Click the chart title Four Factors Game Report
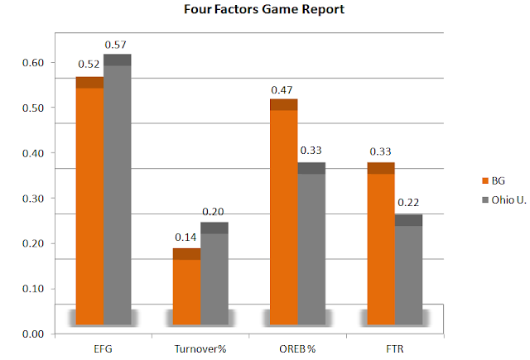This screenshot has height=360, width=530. (264, 9)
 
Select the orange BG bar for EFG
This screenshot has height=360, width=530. (89, 200)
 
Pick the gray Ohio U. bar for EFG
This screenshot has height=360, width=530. (118, 190)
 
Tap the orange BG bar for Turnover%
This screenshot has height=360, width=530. (186, 286)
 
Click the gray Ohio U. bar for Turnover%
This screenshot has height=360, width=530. (214, 273)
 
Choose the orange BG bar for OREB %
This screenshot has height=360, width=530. (283, 212)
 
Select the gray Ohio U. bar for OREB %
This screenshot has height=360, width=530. (311, 243)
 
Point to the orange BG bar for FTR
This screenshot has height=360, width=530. (381, 243)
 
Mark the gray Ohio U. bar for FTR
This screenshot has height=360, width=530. (408, 270)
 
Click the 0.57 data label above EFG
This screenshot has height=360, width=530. (115, 45)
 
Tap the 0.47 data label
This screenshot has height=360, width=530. (282, 90)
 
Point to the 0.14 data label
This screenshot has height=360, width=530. (185, 237)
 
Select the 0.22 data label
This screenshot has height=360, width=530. (408, 202)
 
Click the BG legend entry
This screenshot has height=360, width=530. (494, 180)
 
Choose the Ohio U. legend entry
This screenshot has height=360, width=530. (504, 200)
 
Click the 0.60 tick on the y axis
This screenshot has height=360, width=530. (33, 62)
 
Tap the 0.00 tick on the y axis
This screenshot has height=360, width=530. (33, 334)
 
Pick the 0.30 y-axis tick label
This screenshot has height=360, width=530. (33, 199)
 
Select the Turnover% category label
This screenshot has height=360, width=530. (200, 349)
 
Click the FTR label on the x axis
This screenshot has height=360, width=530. (395, 349)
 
